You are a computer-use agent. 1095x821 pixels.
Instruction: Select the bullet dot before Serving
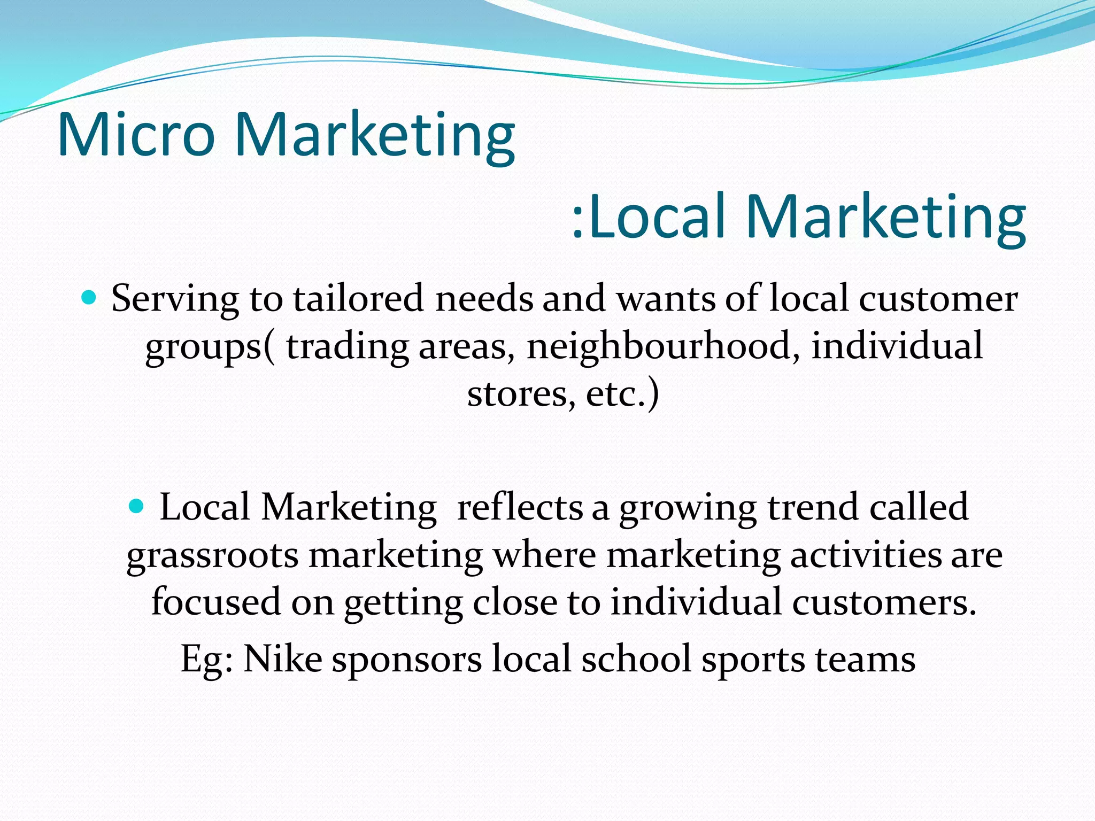(89, 297)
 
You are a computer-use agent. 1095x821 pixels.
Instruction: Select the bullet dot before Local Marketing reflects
(137, 506)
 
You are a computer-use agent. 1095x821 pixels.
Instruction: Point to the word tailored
(359, 298)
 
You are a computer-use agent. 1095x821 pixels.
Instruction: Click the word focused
(215, 602)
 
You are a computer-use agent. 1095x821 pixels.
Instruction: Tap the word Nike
(283, 659)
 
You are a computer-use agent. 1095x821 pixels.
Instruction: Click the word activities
(865, 555)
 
